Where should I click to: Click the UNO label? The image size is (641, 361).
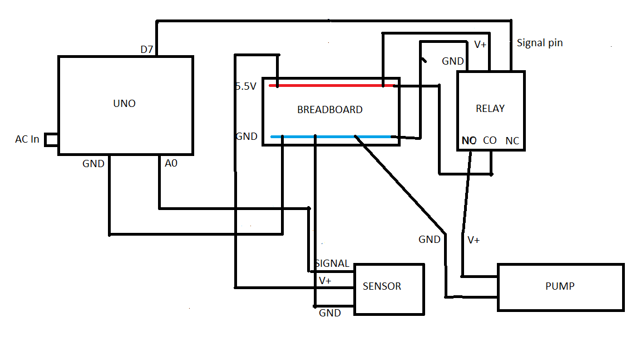(x=124, y=104)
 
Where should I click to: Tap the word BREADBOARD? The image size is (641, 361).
(x=330, y=110)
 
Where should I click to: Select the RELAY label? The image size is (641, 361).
(x=490, y=109)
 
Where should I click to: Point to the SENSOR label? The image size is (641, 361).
(x=382, y=286)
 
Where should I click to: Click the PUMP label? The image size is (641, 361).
(x=560, y=286)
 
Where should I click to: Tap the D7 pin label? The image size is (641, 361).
(x=147, y=50)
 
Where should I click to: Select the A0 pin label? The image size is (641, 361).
(x=171, y=163)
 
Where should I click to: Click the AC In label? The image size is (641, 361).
(x=27, y=139)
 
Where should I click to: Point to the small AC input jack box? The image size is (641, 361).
(x=51, y=140)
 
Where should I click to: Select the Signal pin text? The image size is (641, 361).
(x=540, y=43)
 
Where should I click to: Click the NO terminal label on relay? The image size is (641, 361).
(x=469, y=141)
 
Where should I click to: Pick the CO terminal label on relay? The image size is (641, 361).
(x=490, y=140)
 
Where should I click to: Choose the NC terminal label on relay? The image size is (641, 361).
(x=512, y=141)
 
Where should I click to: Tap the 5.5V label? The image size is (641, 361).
(x=246, y=86)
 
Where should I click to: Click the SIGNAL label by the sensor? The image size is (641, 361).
(x=332, y=264)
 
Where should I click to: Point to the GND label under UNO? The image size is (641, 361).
(x=93, y=164)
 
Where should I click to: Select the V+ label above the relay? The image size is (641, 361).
(x=480, y=45)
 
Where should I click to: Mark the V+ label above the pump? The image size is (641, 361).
(x=474, y=240)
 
